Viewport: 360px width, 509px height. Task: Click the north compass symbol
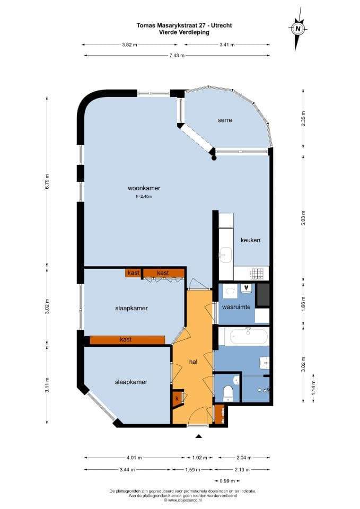(x=297, y=29)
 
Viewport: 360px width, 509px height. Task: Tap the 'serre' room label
(x=225, y=120)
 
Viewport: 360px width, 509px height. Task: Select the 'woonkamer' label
(x=144, y=188)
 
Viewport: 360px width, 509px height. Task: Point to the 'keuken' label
(x=250, y=240)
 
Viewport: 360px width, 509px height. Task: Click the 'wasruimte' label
(x=236, y=307)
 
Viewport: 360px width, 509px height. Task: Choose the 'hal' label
(x=193, y=361)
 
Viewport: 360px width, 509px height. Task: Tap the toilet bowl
(x=229, y=392)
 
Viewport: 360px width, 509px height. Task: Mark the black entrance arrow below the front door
(x=199, y=436)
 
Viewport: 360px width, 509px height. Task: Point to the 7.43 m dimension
(x=177, y=56)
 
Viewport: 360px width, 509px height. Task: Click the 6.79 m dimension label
(x=47, y=182)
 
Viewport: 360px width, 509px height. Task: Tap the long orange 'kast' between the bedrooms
(x=127, y=339)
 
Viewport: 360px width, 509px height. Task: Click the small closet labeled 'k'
(x=177, y=399)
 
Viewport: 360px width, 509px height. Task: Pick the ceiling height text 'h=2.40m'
(x=144, y=196)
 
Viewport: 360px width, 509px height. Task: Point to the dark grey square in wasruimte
(x=263, y=295)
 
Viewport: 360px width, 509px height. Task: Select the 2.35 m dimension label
(x=303, y=118)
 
